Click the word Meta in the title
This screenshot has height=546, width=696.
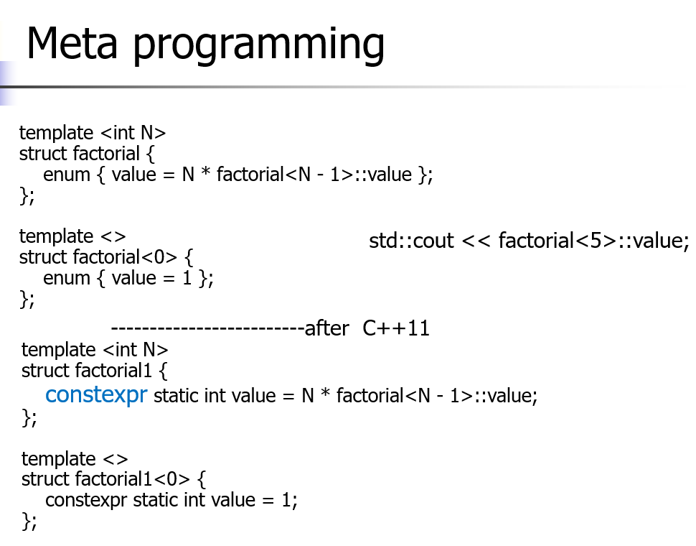click(72, 43)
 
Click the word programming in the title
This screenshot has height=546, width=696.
click(259, 45)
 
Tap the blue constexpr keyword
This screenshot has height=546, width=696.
click(96, 395)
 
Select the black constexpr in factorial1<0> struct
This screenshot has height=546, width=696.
click(85, 500)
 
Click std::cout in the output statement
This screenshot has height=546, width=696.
click(411, 241)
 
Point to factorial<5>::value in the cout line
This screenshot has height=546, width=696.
click(593, 241)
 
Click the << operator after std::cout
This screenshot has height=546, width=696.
click(476, 241)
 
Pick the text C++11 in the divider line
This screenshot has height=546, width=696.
click(396, 328)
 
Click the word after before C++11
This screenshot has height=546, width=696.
click(326, 328)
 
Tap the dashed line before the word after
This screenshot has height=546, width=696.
click(207, 329)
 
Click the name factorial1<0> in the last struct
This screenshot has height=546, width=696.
click(133, 479)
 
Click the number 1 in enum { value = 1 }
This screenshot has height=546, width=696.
click(187, 278)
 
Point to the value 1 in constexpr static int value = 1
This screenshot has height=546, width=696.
click(286, 500)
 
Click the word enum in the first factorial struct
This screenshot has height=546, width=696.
click(67, 175)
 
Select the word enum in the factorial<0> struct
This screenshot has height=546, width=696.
click(67, 278)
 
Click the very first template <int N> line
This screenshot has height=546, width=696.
click(93, 133)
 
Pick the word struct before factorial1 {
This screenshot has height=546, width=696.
click(46, 371)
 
